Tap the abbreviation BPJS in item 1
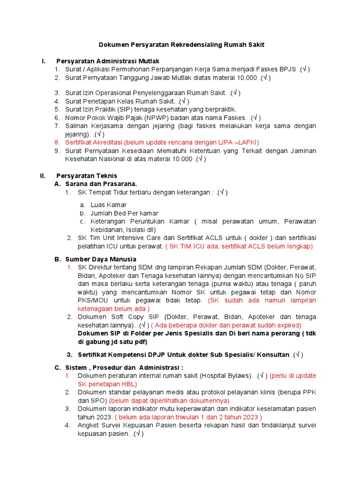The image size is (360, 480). coord(287,69)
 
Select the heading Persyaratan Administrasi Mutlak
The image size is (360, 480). coord(108,61)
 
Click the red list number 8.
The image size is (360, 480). coord(57,142)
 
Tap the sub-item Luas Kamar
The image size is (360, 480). coord(108,205)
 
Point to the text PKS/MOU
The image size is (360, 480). coord(94,300)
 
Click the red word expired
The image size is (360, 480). coord(290,325)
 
